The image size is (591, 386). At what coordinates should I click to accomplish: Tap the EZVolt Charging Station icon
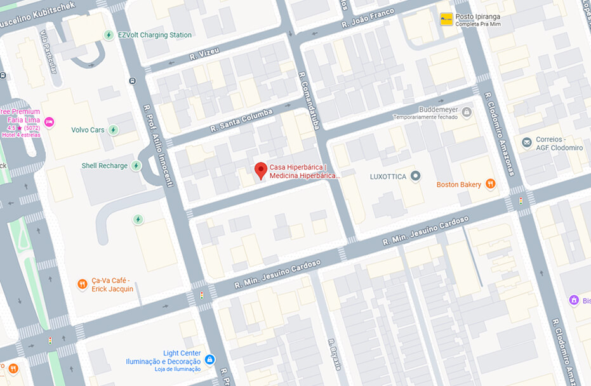pyautogui.click(x=109, y=35)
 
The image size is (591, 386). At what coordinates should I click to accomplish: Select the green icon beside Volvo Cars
pyautogui.click(x=113, y=130)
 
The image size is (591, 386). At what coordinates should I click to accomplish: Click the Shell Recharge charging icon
pyautogui.click(x=135, y=166)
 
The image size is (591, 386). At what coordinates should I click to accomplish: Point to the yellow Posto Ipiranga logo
pyautogui.click(x=447, y=19)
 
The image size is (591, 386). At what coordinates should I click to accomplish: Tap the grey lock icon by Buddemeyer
pyautogui.click(x=467, y=112)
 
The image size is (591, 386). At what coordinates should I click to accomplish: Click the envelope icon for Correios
pyautogui.click(x=526, y=142)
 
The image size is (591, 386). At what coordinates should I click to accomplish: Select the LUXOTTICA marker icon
pyautogui.click(x=416, y=176)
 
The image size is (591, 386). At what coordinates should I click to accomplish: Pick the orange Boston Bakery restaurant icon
pyautogui.click(x=490, y=184)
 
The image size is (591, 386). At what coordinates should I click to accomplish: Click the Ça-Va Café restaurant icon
pyautogui.click(x=82, y=284)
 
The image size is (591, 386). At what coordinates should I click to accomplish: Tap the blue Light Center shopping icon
pyautogui.click(x=209, y=359)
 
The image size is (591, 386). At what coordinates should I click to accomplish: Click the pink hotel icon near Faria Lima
pyautogui.click(x=50, y=122)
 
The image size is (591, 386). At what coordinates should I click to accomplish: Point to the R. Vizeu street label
pyautogui.click(x=204, y=55)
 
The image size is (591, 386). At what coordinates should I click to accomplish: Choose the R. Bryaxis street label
pyautogui.click(x=335, y=354)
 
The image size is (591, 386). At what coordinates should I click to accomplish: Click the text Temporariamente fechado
pyautogui.click(x=425, y=117)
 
